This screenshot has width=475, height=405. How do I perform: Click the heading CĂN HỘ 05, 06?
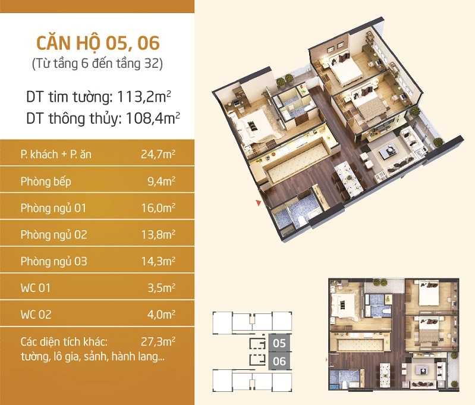pyautogui.click(x=98, y=43)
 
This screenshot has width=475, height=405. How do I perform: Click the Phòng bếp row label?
pyautogui.click(x=46, y=181)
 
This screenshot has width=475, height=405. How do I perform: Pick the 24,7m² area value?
pyautogui.click(x=158, y=154)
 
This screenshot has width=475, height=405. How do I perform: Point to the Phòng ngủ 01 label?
pyautogui.click(x=54, y=209)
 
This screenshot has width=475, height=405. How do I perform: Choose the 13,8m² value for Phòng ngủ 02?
pyautogui.click(x=158, y=235)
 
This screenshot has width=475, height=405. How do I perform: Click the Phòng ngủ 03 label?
pyautogui.click(x=54, y=262)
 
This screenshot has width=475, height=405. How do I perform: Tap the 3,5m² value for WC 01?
pyautogui.click(x=161, y=288)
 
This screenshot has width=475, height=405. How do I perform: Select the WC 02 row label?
pyautogui.click(x=36, y=315)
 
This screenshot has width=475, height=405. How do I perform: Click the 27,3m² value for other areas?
pyautogui.click(x=158, y=341)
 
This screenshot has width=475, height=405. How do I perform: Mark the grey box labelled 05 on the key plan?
pyautogui.click(x=279, y=343)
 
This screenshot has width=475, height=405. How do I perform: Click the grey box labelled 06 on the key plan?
pyautogui.click(x=279, y=362)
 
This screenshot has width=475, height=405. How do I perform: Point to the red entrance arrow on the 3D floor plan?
pyautogui.click(x=259, y=203)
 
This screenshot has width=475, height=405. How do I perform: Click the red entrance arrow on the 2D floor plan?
pyautogui.click(x=326, y=360)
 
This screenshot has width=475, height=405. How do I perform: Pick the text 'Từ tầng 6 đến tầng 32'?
pyautogui.click(x=97, y=64)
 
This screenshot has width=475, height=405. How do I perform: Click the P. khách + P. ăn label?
pyautogui.click(x=56, y=154)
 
